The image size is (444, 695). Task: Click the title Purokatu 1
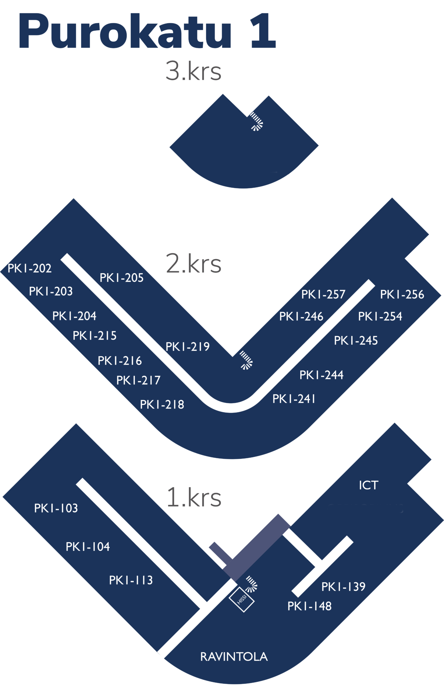pos(147,31)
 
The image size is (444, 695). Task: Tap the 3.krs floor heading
pos(193,71)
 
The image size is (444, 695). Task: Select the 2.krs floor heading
pos(193,263)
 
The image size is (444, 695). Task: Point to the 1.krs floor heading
pos(194,497)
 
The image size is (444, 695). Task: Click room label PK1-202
pos(30,268)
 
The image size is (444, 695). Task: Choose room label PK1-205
pos(122,278)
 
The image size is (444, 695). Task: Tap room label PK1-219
pos(188,346)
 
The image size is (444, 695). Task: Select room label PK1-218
pos(162,404)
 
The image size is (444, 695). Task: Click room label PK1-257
pos(323,294)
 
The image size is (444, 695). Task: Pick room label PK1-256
pos(402,294)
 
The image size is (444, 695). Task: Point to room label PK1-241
pos(294,398)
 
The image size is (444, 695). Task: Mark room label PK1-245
pos(356,340)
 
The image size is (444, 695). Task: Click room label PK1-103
pos(56,508)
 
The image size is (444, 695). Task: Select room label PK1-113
pos(131,580)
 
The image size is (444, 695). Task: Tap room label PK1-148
pos(309,606)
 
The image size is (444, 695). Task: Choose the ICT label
pos(369,485)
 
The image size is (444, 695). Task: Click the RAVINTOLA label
pos(234,657)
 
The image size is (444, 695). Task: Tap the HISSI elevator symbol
pos(242,600)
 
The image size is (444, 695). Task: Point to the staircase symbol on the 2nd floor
pos(246,360)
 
